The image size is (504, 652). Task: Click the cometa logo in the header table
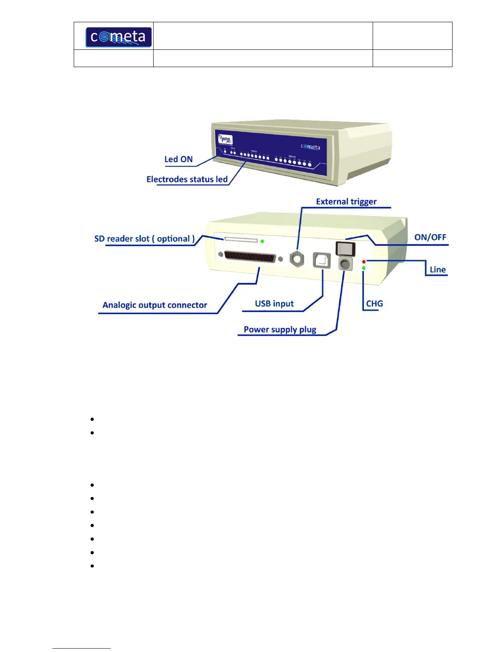coord(119,37)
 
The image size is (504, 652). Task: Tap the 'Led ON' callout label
coord(178,159)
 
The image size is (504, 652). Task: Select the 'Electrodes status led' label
coord(187,179)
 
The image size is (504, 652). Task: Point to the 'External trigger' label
coord(346,201)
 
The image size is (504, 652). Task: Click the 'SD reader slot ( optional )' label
coord(145,239)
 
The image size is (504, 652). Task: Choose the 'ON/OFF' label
coord(430,237)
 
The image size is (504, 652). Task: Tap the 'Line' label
coord(437,270)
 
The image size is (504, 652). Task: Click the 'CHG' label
coord(374,303)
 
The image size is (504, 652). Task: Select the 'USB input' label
coord(274,304)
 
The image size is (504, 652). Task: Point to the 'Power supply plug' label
coord(280,329)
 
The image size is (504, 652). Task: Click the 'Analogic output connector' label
coord(155,305)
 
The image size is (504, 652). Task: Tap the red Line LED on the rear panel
coord(364,262)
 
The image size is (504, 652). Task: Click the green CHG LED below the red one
coord(364,268)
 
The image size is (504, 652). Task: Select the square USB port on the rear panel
coord(322,260)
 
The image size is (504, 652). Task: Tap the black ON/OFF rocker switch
coord(345,249)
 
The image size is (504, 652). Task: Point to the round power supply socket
coord(345,263)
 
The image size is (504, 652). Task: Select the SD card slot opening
coord(240,240)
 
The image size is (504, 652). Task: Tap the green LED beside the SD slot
coord(262,241)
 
